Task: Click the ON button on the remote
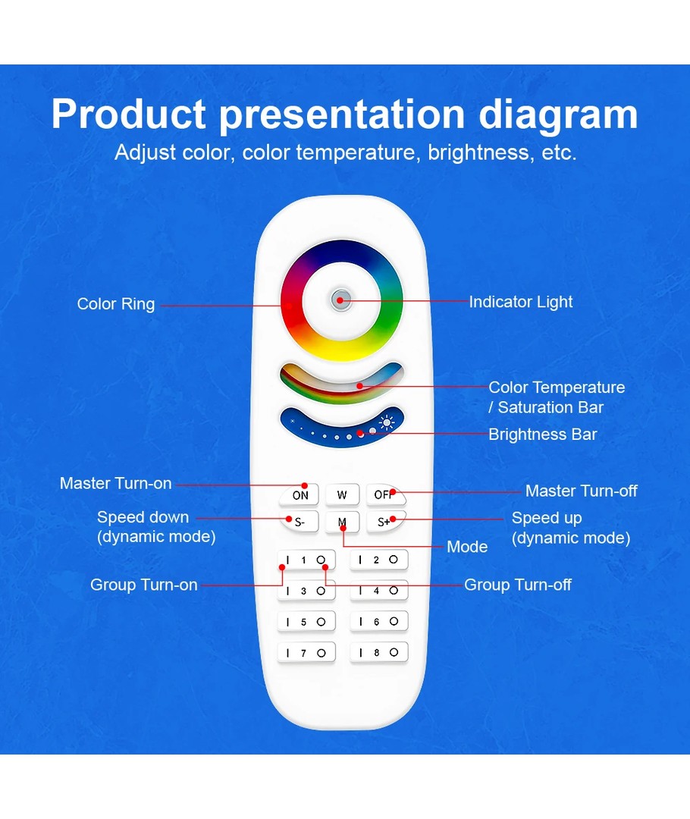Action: pyautogui.click(x=299, y=494)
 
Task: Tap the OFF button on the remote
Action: pyautogui.click(x=386, y=494)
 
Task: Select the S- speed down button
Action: pyautogui.click(x=299, y=522)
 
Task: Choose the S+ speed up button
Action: pyautogui.click(x=385, y=521)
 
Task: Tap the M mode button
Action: pyautogui.click(x=342, y=522)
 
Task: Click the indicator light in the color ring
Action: pyautogui.click(x=340, y=300)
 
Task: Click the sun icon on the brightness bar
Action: pyautogui.click(x=387, y=422)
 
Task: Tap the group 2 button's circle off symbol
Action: pyautogui.click(x=394, y=560)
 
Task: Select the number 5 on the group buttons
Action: pyautogui.click(x=303, y=622)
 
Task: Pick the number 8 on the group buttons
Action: pyautogui.click(x=376, y=652)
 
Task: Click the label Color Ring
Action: pyautogui.click(x=116, y=304)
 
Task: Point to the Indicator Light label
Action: pyautogui.click(x=521, y=302)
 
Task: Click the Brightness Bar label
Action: pyautogui.click(x=543, y=435)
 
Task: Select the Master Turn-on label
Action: pyautogui.click(x=115, y=484)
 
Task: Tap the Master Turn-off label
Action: pyautogui.click(x=582, y=491)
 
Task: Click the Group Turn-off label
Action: pyautogui.click(x=518, y=585)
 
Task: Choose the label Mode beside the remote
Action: pyautogui.click(x=468, y=547)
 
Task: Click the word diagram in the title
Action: pyautogui.click(x=558, y=115)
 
